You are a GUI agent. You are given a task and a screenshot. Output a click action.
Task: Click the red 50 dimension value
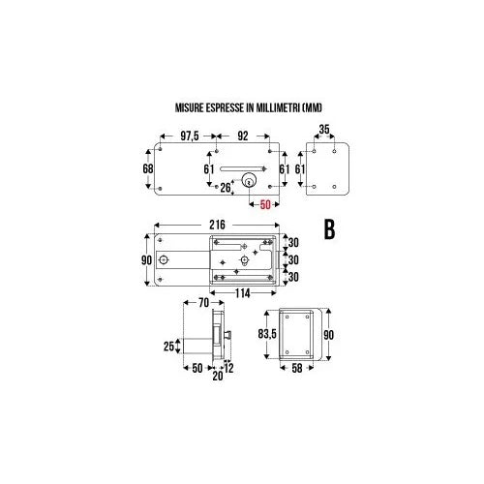click(265, 204)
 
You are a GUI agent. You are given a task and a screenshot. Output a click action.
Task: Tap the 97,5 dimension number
click(190, 136)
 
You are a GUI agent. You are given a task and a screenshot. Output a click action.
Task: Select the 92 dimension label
click(243, 136)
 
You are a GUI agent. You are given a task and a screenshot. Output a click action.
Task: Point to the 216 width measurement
click(217, 225)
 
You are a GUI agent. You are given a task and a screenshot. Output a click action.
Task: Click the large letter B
click(329, 229)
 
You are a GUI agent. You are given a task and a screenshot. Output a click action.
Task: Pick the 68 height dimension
click(148, 168)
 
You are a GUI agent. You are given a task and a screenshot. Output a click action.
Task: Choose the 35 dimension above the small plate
click(324, 130)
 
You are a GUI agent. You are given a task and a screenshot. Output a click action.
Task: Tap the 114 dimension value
click(243, 293)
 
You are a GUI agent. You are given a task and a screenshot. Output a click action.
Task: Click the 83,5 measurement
click(267, 334)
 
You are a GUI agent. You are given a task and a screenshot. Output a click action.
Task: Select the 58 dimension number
click(297, 368)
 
